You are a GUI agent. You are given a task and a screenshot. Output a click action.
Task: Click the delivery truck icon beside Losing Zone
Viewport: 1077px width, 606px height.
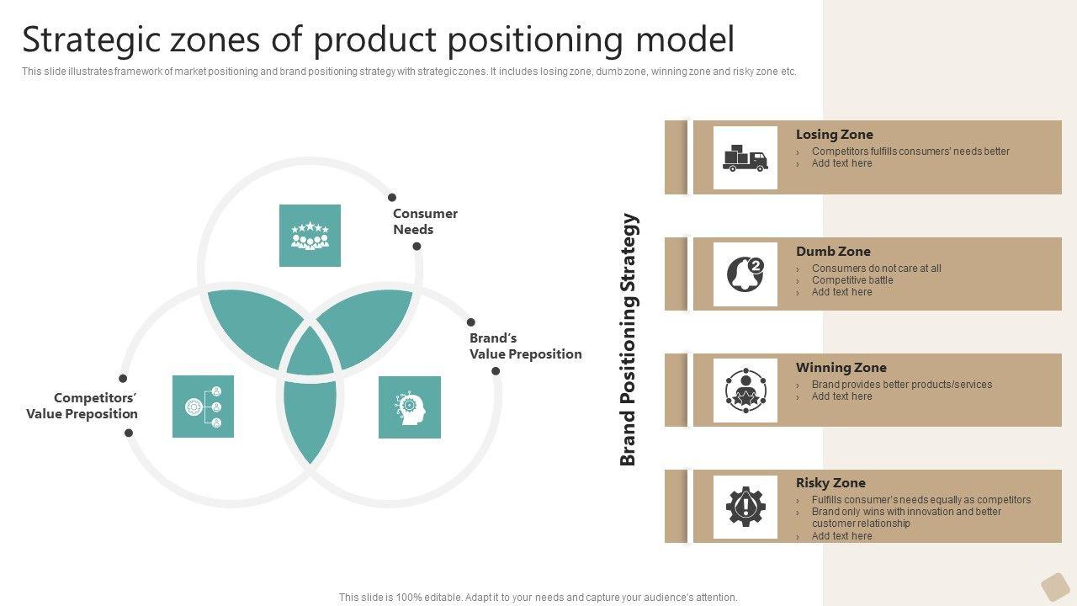pos(745,157)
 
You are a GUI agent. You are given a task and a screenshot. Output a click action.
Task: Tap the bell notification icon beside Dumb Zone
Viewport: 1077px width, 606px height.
pos(745,274)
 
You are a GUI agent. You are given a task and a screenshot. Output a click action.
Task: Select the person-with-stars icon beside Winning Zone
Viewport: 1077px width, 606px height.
pos(745,391)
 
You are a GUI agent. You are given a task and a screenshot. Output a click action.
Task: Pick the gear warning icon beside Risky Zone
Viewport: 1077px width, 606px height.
pos(745,507)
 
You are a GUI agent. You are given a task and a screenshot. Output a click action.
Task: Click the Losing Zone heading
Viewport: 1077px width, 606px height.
pos(834,134)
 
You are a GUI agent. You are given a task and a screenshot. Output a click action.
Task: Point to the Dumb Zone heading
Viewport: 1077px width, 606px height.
pos(833,251)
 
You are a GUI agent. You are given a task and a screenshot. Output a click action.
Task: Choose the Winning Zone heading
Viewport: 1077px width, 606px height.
pos(841,368)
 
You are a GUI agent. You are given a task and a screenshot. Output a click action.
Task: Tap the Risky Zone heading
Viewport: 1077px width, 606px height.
pos(830,483)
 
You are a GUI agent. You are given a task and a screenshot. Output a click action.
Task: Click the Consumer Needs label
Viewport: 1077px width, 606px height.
pos(425,221)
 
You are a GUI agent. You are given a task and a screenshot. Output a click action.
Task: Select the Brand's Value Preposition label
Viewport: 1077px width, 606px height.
pos(526,346)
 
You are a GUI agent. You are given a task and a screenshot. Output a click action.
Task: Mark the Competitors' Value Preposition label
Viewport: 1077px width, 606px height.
pos(82,406)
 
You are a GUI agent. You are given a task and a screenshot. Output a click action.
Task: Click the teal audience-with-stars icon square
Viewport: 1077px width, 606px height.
pos(310,236)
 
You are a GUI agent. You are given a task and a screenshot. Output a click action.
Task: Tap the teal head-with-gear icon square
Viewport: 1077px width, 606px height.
pos(410,407)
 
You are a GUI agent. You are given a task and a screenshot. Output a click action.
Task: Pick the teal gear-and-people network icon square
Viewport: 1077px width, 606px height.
pos(203,407)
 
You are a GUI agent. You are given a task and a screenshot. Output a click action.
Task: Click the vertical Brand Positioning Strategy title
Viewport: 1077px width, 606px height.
pos(629,339)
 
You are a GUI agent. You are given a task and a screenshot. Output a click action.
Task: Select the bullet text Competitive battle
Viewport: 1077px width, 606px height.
pos(852,280)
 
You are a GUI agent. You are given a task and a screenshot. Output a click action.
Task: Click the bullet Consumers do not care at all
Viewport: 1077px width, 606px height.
pos(877,268)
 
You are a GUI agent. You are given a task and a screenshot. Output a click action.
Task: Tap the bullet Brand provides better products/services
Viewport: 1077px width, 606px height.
pos(902,385)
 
